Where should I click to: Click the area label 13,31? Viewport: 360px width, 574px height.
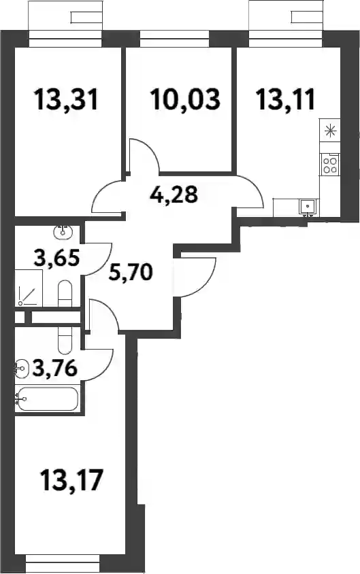point(66,99)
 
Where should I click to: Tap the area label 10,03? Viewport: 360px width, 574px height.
point(185,99)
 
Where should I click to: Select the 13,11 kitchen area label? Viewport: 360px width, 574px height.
point(285,99)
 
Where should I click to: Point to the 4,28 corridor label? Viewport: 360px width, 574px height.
point(174,195)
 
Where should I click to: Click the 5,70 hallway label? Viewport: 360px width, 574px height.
point(131,272)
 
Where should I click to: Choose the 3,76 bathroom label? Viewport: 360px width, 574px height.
point(55,367)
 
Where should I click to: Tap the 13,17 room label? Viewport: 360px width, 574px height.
point(71,480)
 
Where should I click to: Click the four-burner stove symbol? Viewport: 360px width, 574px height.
point(330,164)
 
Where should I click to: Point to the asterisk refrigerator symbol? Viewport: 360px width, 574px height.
point(330,131)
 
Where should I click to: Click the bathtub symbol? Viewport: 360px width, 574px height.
point(47,399)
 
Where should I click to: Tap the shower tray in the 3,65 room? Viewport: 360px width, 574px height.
point(29,288)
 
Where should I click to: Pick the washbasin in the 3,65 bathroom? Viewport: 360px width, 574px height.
point(63,231)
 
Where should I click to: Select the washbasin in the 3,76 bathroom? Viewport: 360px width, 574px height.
point(21,367)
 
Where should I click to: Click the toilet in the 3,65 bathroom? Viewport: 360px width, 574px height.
point(65,293)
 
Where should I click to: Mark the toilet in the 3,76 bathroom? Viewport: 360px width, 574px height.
point(65,340)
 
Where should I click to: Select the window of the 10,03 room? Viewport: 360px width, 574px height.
point(174,39)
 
